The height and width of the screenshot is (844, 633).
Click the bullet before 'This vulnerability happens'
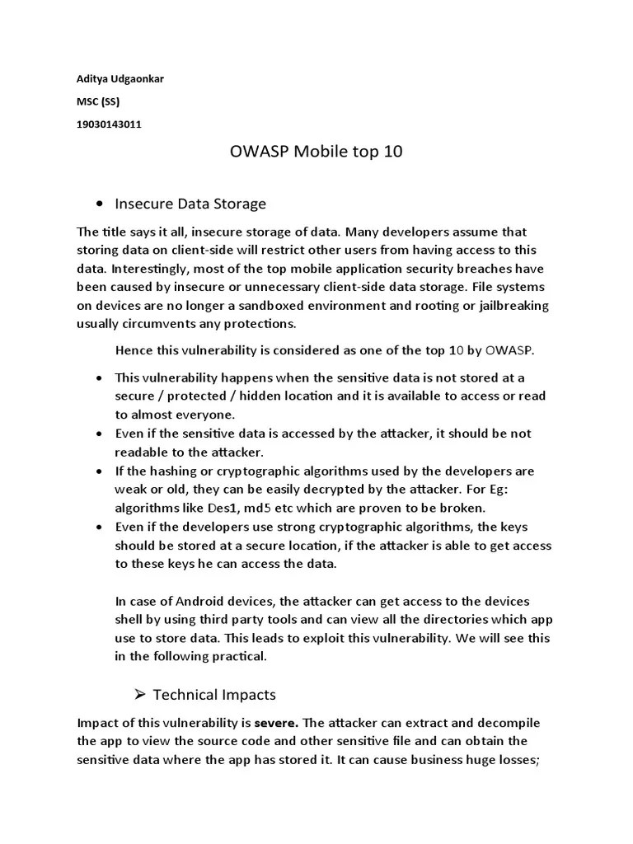[99, 377]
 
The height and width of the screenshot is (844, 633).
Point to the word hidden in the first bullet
[274, 396]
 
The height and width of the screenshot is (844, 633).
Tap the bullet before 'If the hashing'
[99, 471]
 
